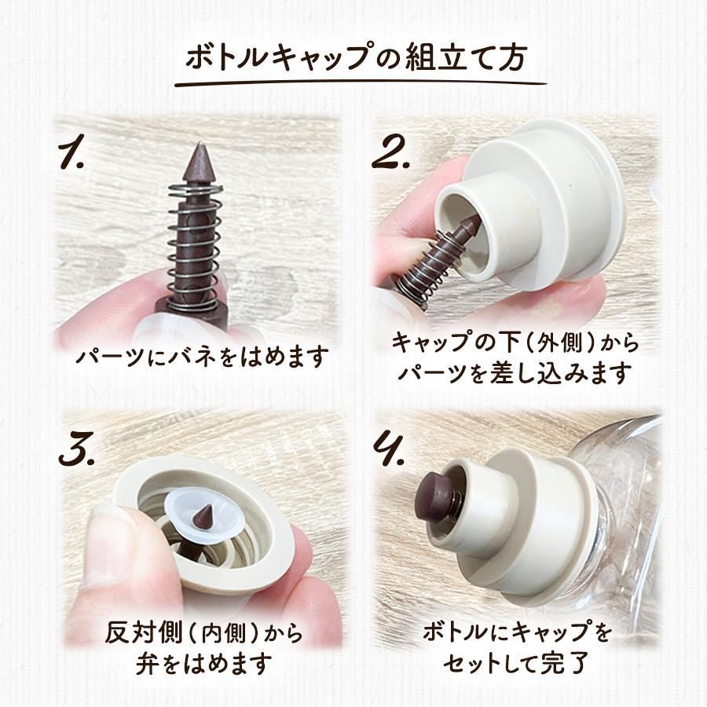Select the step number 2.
390,154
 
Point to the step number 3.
77,449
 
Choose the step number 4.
389,449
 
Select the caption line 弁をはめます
203,663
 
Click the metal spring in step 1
196,247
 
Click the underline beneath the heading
361,83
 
